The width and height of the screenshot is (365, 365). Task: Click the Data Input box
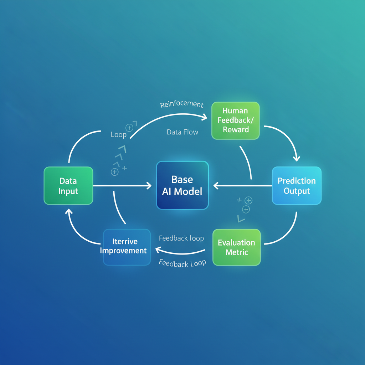(x=68, y=186)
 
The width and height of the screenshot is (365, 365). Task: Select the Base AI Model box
(x=182, y=185)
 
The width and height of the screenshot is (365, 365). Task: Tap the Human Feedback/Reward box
(x=236, y=120)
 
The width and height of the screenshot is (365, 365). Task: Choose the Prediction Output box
(x=297, y=185)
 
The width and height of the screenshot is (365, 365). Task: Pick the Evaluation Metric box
(x=236, y=247)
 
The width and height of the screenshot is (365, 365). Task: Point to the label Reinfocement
(x=182, y=104)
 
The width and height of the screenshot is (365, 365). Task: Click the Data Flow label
(x=182, y=132)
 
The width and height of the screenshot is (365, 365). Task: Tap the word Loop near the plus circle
(x=119, y=135)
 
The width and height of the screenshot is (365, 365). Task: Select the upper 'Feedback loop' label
(x=181, y=238)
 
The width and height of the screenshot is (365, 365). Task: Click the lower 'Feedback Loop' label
(x=182, y=263)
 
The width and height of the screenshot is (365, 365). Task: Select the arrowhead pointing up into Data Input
(x=68, y=212)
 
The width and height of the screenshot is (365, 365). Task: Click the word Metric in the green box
(x=236, y=252)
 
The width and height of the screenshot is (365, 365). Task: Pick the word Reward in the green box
(x=236, y=129)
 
